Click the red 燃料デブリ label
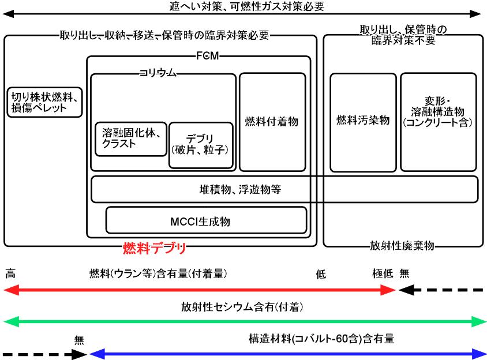[x=155, y=249]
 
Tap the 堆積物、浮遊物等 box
[x=284, y=189]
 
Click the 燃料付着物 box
[x=272, y=122]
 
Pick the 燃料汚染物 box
[x=363, y=121]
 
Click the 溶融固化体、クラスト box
[x=131, y=139]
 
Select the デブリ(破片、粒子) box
[x=201, y=145]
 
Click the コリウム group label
[x=156, y=73]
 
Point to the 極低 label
[x=383, y=274]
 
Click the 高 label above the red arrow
[x=10, y=274]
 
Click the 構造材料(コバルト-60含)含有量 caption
[x=321, y=339]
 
